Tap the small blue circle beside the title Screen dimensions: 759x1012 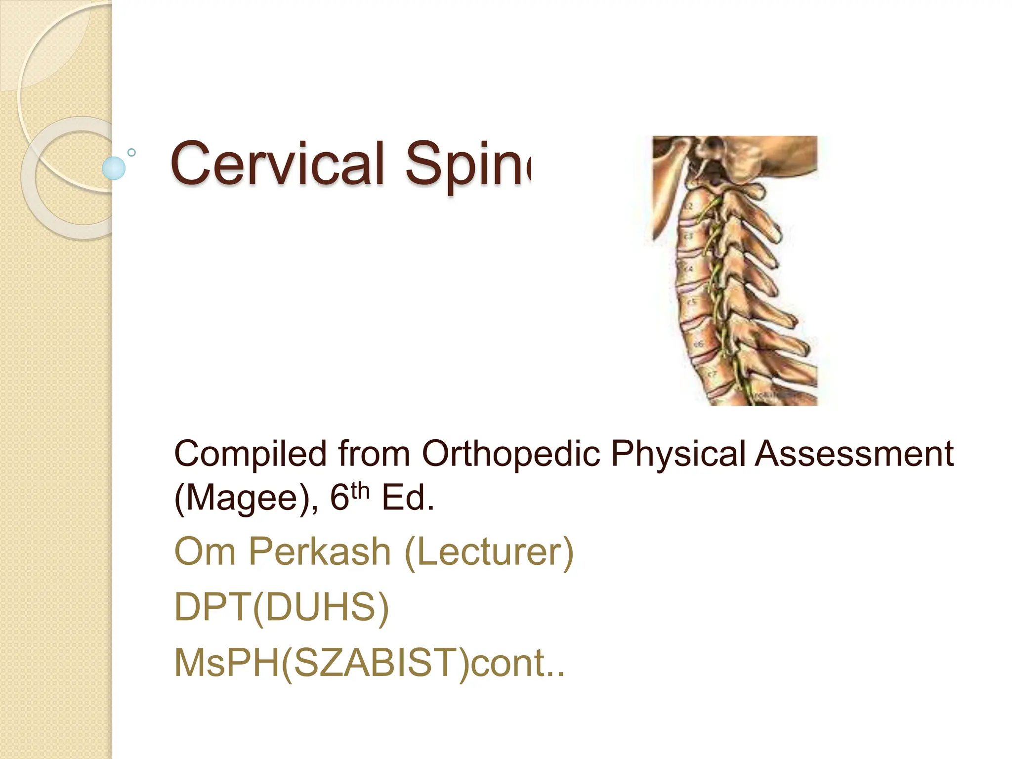coord(114,168)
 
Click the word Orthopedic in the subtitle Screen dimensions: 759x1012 coord(511,454)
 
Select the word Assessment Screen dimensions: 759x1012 coord(854,454)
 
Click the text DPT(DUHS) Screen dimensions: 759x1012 coord(282,607)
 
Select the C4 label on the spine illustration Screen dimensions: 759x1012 coord(689,269)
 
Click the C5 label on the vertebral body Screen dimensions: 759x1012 coord(692,302)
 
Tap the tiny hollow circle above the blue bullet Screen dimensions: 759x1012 coord(131,153)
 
